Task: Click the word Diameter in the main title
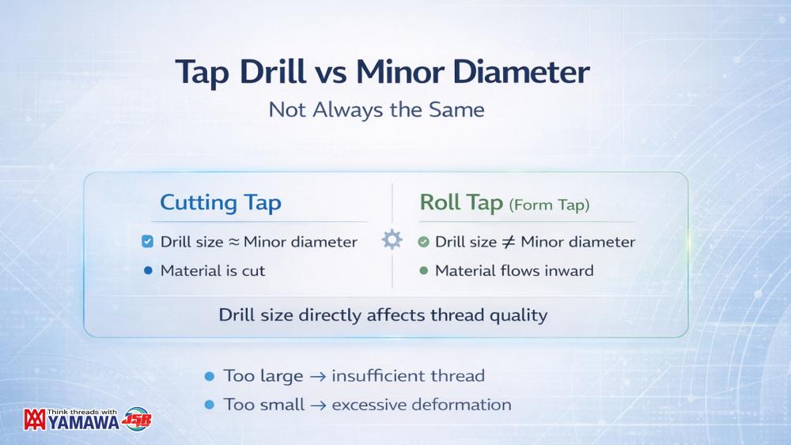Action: point(521,72)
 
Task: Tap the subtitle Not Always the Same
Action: point(377,110)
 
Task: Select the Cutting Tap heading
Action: point(221,202)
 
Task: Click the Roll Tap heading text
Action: point(461,202)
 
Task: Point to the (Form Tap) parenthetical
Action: point(549,205)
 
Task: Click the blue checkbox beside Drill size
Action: point(147,242)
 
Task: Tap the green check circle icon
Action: point(424,243)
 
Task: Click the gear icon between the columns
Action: point(392,239)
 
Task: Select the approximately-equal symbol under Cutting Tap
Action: point(233,242)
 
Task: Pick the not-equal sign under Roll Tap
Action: point(509,242)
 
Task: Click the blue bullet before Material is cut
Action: point(148,270)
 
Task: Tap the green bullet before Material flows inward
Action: point(424,270)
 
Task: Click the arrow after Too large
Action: point(317,376)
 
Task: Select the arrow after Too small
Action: point(318,405)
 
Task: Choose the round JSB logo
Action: point(136,419)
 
